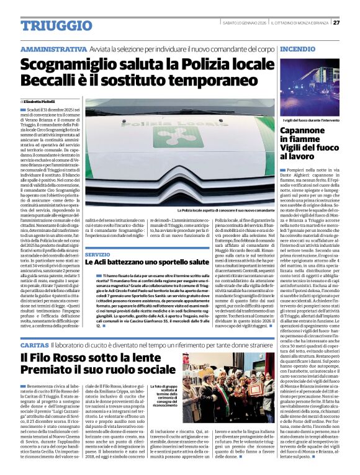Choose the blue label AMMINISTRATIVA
click(x=53, y=48)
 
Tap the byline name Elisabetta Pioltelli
click(x=41, y=100)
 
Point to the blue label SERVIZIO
click(x=97, y=254)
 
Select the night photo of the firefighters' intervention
click(x=317, y=85)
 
